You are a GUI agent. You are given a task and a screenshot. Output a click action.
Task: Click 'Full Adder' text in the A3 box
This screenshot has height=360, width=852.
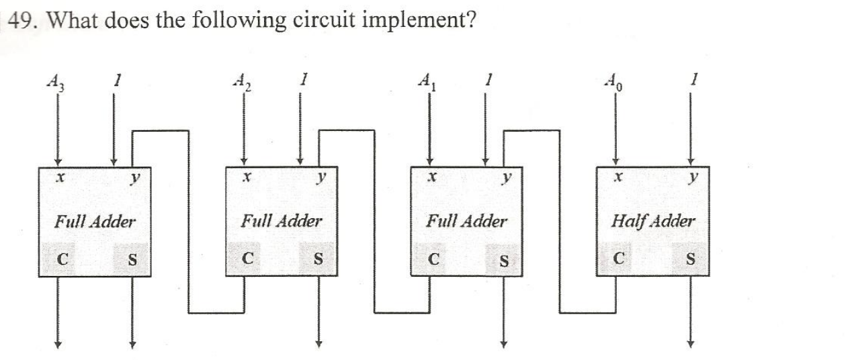click(95, 220)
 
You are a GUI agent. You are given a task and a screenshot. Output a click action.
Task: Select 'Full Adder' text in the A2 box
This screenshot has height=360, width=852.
click(281, 220)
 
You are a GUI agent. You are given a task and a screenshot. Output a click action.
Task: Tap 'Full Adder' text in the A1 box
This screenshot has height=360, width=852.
click(467, 220)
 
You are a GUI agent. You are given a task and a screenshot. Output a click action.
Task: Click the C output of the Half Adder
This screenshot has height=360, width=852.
click(620, 258)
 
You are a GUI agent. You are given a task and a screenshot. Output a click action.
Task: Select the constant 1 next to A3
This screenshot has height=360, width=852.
click(116, 80)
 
